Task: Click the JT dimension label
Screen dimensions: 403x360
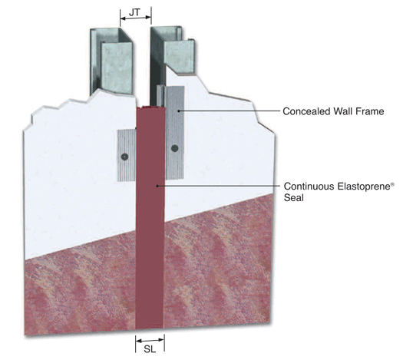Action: click(x=134, y=12)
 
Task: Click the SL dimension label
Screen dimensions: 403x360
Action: click(x=150, y=349)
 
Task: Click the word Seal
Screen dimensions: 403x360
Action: click(x=294, y=198)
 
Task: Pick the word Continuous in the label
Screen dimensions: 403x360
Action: click(x=309, y=186)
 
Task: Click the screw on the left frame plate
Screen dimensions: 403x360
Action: click(x=125, y=157)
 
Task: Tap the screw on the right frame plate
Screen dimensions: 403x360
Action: click(x=175, y=148)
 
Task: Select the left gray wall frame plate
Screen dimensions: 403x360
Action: click(x=127, y=156)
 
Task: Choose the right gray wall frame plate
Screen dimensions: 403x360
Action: click(x=175, y=133)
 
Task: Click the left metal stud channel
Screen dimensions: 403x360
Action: click(x=111, y=61)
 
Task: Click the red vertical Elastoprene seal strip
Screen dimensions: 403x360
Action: click(x=150, y=218)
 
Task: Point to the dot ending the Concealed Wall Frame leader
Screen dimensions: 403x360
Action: click(x=179, y=111)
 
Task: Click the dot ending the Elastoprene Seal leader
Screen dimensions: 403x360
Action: click(x=157, y=186)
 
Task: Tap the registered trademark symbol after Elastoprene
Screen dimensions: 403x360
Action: click(x=392, y=183)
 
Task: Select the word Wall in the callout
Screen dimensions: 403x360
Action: click(x=342, y=111)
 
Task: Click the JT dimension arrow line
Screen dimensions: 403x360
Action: click(x=136, y=18)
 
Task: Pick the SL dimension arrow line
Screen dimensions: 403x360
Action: click(x=150, y=341)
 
